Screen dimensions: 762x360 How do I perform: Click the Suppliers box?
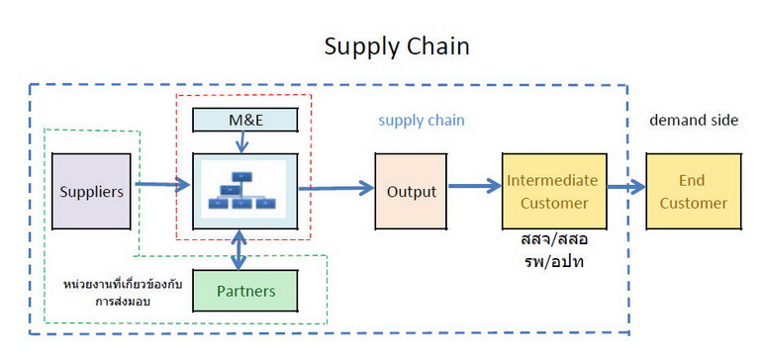91,191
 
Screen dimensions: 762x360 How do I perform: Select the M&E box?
245,120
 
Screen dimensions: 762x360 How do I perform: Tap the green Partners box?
245,291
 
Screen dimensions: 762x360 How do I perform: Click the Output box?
411,191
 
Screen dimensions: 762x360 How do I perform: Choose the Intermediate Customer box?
554,191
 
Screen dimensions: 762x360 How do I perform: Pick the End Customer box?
694,191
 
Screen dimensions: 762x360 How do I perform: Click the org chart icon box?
245,191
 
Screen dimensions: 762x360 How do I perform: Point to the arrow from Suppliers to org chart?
162,184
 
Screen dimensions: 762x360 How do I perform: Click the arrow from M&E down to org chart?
241,141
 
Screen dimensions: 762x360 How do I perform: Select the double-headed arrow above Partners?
238,249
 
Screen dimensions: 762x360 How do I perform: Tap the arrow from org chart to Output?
336,188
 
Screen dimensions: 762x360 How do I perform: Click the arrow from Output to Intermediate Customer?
474,186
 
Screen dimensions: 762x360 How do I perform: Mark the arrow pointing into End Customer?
625,187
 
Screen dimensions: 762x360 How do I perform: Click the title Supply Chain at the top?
397,46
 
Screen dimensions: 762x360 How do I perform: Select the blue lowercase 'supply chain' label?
422,120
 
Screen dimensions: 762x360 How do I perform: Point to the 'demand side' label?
694,120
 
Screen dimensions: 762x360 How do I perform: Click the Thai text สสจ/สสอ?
554,239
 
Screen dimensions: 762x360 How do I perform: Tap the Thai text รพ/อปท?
554,261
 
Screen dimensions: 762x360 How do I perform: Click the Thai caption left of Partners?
123,293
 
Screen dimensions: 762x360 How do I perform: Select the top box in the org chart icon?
241,176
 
